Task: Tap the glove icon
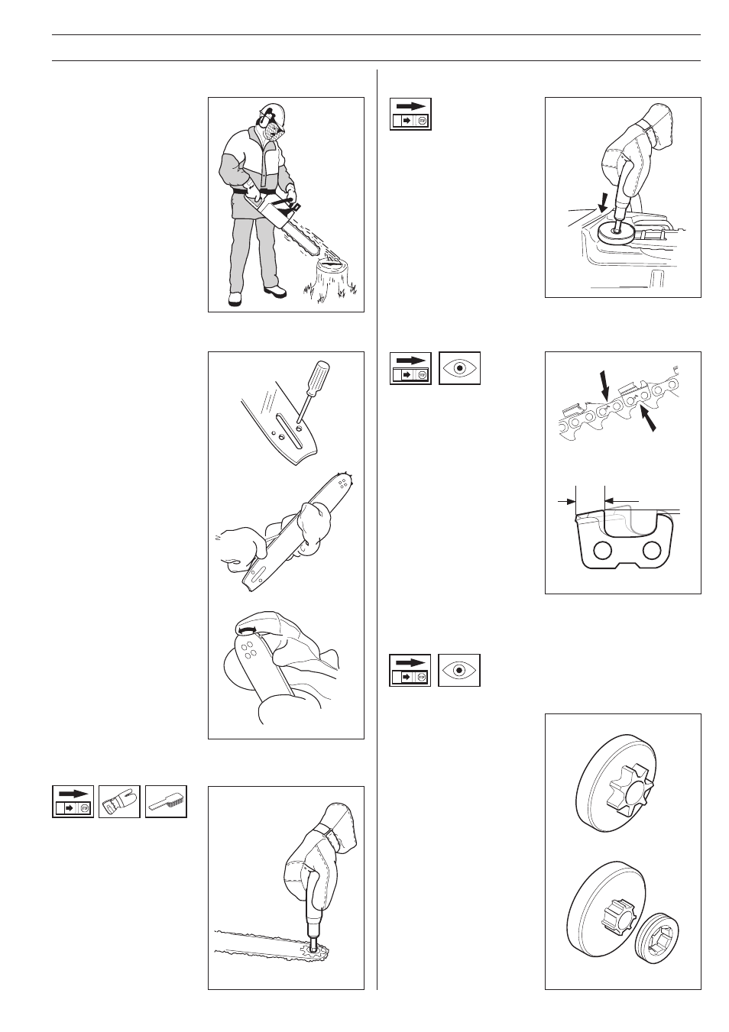119,801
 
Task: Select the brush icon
166,801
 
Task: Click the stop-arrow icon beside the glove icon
73,801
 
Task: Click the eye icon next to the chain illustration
459,367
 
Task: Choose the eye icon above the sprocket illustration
459,670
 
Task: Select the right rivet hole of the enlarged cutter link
651,549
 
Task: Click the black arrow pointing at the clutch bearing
604,202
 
